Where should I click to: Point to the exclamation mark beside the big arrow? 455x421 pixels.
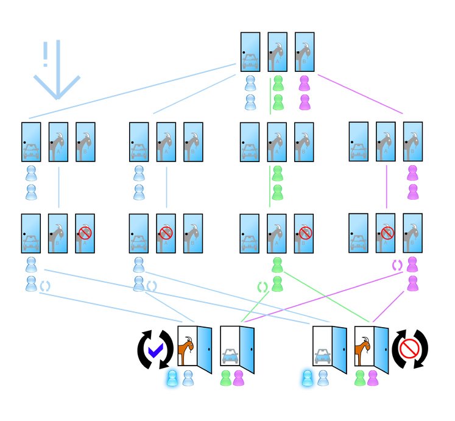point(44,54)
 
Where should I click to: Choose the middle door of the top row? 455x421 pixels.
point(278,52)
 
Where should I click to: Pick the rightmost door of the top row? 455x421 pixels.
point(305,52)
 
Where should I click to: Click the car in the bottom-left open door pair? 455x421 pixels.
point(229,356)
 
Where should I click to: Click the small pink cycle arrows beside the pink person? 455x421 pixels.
point(397,265)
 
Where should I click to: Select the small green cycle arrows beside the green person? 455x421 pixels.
point(263,286)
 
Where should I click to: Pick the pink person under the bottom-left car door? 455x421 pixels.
point(238,378)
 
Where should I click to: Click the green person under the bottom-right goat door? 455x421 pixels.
point(359,378)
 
